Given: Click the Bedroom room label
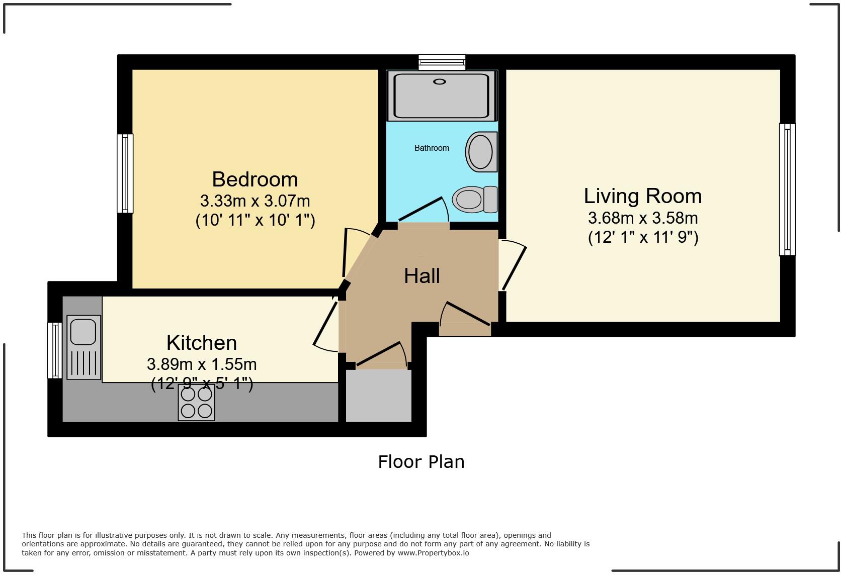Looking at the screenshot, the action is coord(255,179).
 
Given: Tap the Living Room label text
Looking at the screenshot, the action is coord(643,196).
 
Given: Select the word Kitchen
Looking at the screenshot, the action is coord(202,342).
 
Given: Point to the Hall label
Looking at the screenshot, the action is coord(422,276).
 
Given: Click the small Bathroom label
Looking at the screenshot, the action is coord(432,148).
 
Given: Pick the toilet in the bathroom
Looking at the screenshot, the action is coord(475,199).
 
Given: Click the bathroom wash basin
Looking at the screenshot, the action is coord(482,152).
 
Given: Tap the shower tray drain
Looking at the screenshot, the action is coord(439,82).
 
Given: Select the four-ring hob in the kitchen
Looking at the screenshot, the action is coord(196,403).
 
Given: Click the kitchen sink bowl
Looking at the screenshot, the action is coord(83,332).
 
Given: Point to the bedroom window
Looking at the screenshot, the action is coord(125,173).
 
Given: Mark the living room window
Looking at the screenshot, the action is coord(787,189).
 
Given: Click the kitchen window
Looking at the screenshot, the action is coord(55,350).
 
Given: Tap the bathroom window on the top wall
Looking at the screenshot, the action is coord(442,62).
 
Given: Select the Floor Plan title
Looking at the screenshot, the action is coord(421,462).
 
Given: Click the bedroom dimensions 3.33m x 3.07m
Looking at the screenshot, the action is coord(255,201).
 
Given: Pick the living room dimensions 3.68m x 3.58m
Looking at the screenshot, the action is coord(643,218).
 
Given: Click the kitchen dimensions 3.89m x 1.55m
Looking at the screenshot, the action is coord(202,364).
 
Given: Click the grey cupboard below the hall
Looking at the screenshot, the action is coord(378,396).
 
